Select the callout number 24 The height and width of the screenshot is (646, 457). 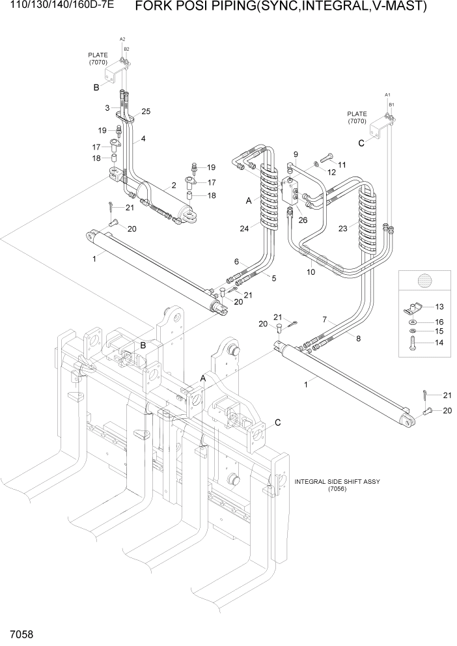pyautogui.click(x=243, y=229)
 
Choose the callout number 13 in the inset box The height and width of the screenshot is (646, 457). pyautogui.click(x=439, y=306)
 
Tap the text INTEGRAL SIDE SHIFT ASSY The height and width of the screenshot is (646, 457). pyautogui.click(x=337, y=482)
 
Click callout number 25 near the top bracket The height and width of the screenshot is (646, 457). pyautogui.click(x=146, y=111)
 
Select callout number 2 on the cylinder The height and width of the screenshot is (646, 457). pyautogui.click(x=174, y=186)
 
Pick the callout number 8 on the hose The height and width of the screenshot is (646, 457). pyautogui.click(x=357, y=337)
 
